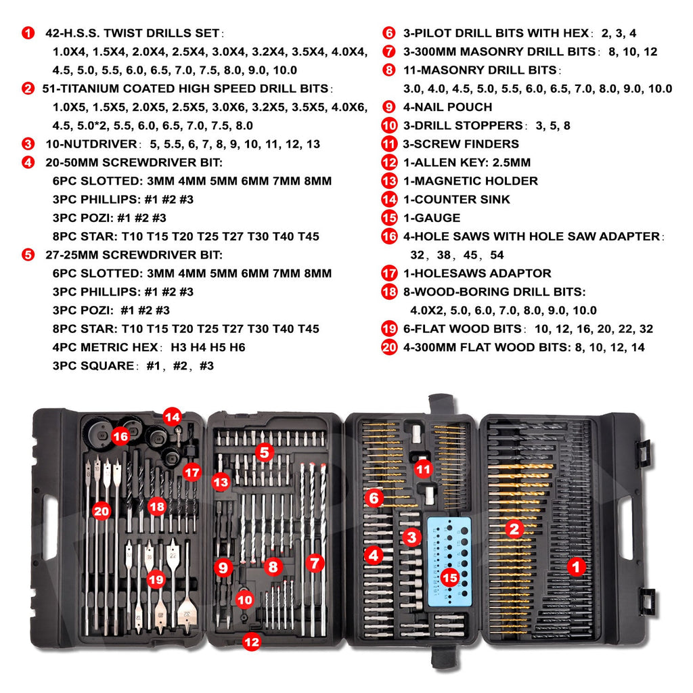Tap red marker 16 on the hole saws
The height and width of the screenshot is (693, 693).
point(120,437)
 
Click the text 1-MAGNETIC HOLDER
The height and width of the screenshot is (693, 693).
point(469,181)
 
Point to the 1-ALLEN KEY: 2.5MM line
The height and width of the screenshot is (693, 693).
point(465,162)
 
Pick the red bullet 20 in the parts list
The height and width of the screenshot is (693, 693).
point(389,347)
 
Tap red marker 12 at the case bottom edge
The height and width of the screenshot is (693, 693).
point(251,642)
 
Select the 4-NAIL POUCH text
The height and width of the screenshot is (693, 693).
point(446,107)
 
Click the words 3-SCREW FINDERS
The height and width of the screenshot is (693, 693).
point(460,143)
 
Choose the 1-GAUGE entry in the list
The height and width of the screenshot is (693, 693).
point(430,218)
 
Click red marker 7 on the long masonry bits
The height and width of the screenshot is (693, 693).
point(314,562)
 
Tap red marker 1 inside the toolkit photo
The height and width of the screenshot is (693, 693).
point(576,566)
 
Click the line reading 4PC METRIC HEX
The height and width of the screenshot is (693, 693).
point(149,347)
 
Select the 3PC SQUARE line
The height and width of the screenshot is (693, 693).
point(133,365)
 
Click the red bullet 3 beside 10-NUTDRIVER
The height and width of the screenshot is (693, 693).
point(28,143)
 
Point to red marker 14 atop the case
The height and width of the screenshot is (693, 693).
point(172,417)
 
